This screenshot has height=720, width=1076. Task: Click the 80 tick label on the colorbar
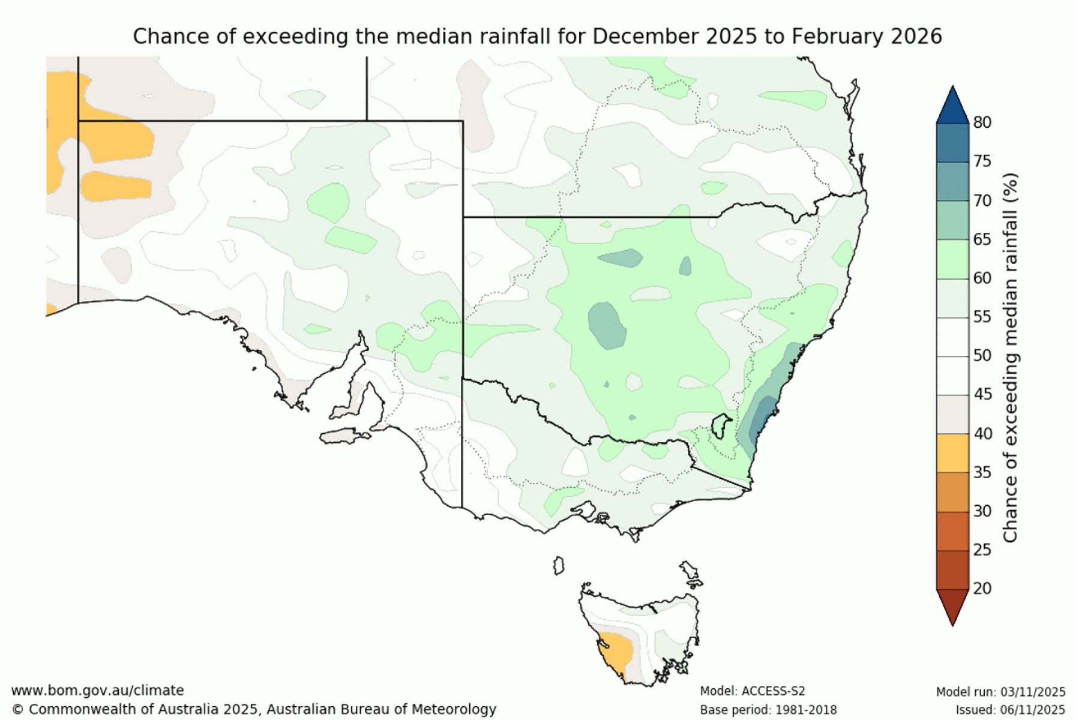click(982, 122)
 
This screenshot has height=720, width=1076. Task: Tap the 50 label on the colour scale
click(982, 355)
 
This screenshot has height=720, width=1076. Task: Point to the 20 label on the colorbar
click(982, 589)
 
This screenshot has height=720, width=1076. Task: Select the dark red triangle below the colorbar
click(952, 605)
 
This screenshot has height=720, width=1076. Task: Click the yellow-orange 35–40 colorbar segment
click(952, 453)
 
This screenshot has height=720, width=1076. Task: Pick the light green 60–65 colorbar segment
click(952, 259)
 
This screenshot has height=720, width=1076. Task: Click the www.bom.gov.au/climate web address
click(97, 691)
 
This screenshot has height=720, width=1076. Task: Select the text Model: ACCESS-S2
click(752, 691)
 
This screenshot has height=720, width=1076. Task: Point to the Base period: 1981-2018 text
click(768, 710)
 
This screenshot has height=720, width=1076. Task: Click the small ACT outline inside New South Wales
click(721, 427)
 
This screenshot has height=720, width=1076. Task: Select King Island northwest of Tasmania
click(559, 566)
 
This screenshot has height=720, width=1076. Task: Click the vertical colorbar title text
click(1011, 357)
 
